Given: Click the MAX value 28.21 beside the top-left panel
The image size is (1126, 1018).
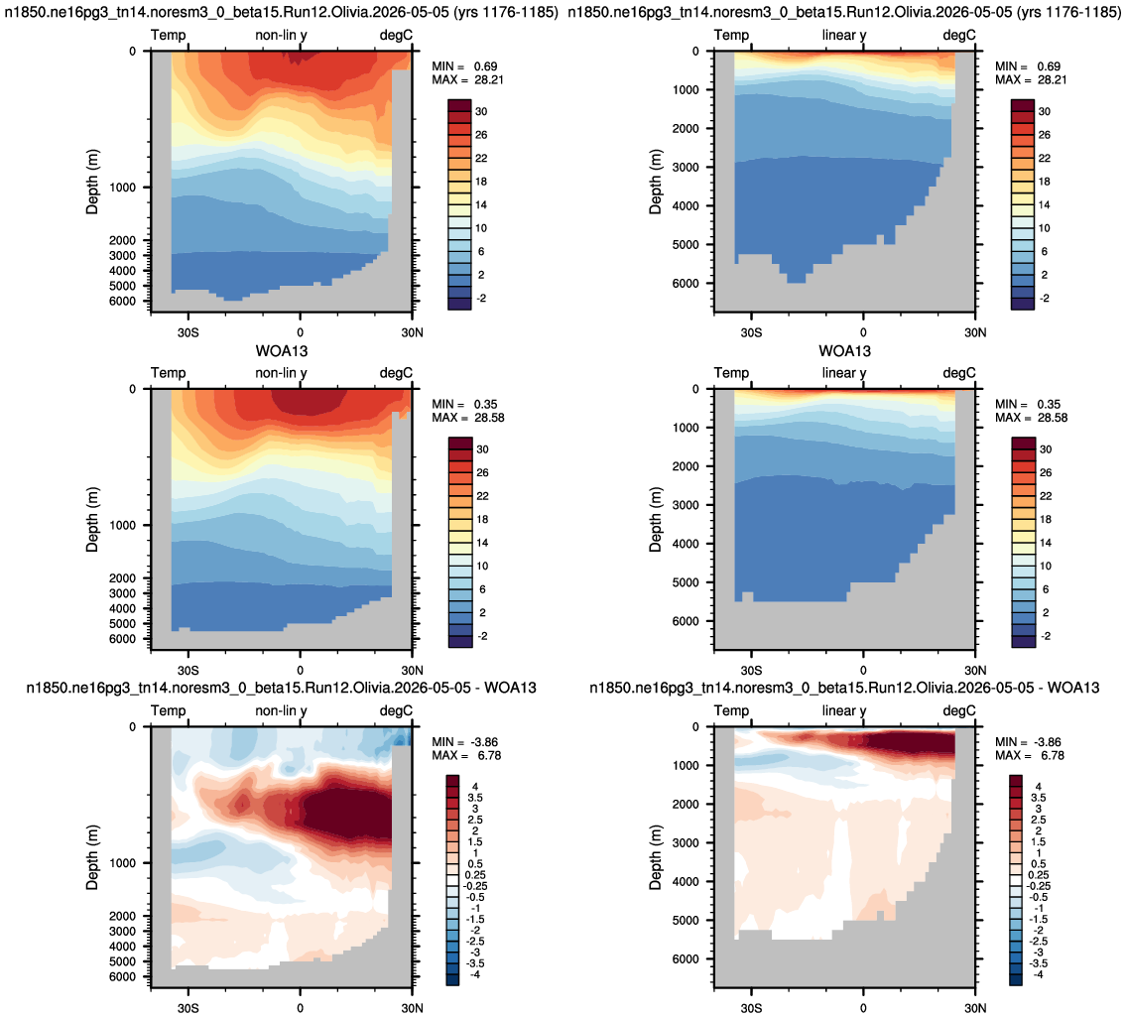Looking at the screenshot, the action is click(488, 79).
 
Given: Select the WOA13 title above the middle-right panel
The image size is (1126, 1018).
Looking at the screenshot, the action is click(844, 351).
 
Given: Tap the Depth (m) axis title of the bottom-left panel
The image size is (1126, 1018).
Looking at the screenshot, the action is click(92, 857).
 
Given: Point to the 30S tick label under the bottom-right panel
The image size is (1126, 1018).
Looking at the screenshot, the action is click(751, 1008).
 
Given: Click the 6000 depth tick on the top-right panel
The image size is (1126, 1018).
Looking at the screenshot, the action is click(686, 283).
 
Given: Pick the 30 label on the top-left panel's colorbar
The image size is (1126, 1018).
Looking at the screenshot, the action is click(481, 111).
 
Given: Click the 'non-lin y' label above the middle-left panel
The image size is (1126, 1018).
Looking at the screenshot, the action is click(281, 373).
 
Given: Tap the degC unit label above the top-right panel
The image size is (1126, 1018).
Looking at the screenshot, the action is click(959, 35).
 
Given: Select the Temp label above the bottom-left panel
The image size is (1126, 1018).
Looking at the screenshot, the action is click(168, 710).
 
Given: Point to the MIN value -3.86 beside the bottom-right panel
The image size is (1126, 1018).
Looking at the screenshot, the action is click(1047, 742).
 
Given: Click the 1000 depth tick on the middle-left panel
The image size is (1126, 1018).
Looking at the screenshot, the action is click(122, 525).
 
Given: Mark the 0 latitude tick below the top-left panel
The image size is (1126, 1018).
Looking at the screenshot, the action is click(301, 332).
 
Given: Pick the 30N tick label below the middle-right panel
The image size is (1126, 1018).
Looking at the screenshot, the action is click(975, 671).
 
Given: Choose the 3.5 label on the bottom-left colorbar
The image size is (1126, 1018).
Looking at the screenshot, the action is click(475, 798).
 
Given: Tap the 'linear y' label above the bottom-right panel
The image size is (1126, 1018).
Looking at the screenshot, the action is click(844, 710).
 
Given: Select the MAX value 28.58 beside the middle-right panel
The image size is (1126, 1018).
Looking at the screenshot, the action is click(1052, 418).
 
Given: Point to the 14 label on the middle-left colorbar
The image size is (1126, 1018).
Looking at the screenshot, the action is click(481, 543).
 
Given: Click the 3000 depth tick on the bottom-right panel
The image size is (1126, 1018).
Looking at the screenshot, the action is click(686, 842).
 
